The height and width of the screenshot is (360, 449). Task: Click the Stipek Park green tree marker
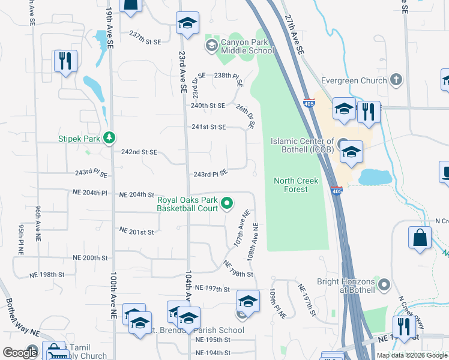click(109, 139)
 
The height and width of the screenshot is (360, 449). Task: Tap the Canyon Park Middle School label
click(247, 46)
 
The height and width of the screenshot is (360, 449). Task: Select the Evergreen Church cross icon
click(396, 80)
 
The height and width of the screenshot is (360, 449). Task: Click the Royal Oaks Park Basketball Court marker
click(227, 204)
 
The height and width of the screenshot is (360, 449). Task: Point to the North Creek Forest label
click(291, 185)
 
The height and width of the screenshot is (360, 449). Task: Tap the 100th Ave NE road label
click(113, 295)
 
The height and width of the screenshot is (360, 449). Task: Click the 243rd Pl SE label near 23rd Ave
click(210, 174)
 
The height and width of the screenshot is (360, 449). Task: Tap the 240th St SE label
click(208, 106)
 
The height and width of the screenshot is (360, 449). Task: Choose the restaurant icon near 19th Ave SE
click(65, 61)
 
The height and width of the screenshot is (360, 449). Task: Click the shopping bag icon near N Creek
click(420, 237)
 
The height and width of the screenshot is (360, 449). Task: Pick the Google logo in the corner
click(20, 353)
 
